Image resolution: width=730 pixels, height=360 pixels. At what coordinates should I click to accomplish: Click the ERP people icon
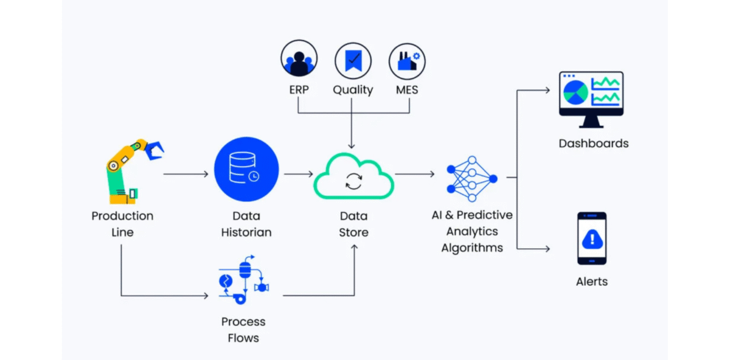tap(299, 61)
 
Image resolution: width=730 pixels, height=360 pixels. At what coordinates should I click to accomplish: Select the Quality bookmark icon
tap(353, 61)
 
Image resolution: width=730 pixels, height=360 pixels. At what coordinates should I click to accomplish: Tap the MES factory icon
tap(407, 61)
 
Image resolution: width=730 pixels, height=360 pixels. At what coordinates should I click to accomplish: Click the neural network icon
tap(471, 178)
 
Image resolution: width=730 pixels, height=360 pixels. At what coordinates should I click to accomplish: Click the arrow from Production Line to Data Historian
tap(186, 175)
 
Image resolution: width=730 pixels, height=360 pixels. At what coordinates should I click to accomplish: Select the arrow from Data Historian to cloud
tap(298, 175)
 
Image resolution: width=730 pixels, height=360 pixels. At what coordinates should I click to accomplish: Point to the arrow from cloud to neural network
tap(415, 175)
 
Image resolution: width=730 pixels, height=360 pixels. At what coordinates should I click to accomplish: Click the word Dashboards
tap(593, 144)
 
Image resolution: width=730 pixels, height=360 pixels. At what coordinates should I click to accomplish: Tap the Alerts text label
tap(592, 282)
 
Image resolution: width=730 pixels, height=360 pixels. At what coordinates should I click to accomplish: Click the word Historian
tap(246, 232)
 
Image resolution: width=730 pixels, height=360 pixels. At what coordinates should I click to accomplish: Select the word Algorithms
tap(472, 247)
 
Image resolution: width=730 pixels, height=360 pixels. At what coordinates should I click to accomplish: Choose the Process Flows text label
tap(243, 330)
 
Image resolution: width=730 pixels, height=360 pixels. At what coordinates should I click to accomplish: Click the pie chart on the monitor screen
tap(575, 92)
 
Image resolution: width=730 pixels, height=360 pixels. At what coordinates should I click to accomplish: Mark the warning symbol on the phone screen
tap(592, 238)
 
